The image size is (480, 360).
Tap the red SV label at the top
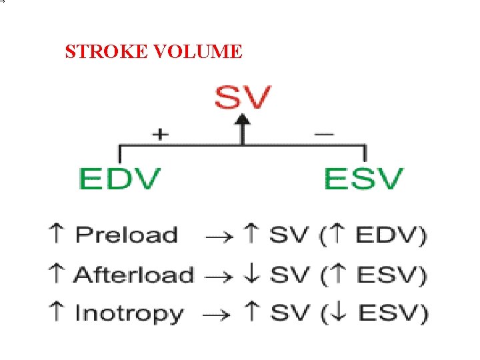click(243, 99)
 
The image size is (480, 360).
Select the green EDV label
click(120, 179)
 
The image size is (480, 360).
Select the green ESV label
click(364, 179)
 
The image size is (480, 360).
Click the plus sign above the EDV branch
click(160, 134)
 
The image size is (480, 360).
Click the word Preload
click(126, 235)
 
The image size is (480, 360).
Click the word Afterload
click(133, 275)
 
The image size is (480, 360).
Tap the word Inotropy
click(129, 314)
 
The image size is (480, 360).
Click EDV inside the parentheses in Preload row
click(389, 236)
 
